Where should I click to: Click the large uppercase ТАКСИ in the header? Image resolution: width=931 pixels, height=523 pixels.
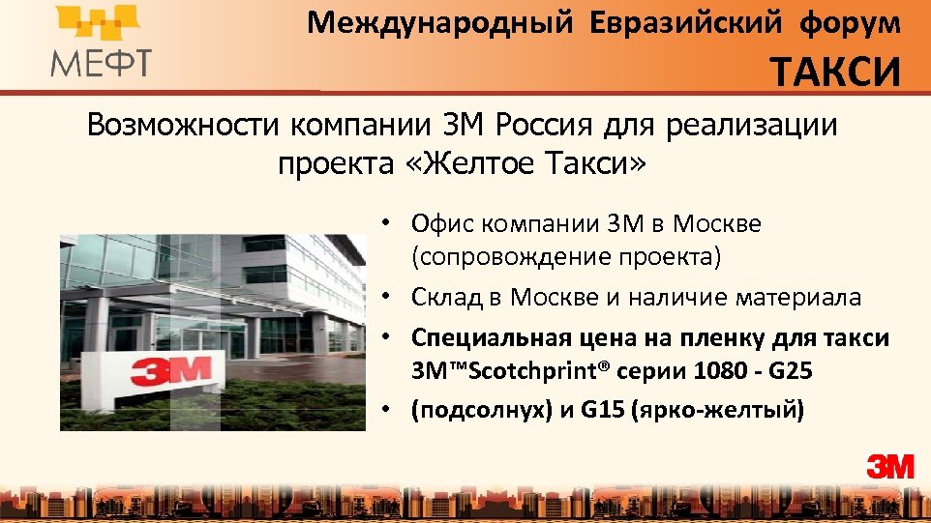click(x=836, y=73)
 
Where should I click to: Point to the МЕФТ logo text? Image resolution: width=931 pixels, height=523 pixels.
click(x=101, y=63)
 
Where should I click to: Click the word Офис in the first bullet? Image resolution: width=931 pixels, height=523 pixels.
click(x=439, y=224)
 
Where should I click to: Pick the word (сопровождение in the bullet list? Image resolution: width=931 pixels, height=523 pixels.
click(x=502, y=257)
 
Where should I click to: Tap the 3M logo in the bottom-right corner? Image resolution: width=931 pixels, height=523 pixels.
click(x=889, y=467)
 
